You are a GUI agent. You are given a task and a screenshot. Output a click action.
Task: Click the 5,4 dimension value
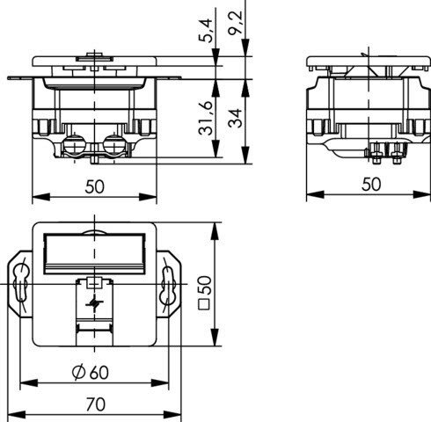pos(208,31)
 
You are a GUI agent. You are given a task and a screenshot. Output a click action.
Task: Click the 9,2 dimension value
pos(236,23)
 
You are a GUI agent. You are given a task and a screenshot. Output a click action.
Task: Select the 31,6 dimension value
pos(206,119)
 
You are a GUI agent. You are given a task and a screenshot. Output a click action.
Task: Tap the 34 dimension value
pos(236,118)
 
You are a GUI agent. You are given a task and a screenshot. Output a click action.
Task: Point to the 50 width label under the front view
pos(94,186)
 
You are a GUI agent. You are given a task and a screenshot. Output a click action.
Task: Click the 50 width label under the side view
pos(371,185)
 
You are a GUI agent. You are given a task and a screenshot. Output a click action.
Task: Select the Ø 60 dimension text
pos(91,373)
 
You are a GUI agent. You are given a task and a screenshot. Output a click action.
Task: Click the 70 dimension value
pos(96,404)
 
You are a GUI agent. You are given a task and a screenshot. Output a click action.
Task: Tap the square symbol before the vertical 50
pos(204,304)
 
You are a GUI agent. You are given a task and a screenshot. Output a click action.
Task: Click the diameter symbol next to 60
pos(78,373)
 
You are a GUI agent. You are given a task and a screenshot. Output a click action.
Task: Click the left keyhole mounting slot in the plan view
pos(21,283)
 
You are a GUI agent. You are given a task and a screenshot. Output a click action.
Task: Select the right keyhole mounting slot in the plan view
pos(167,283)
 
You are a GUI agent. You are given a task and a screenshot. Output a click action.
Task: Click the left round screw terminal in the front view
pos(74,144)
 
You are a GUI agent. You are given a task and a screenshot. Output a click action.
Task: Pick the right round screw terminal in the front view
pos(114,144)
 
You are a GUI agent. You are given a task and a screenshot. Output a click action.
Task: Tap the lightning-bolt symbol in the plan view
pos(94,303)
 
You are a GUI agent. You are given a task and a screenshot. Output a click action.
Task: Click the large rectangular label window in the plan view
pos(94,253)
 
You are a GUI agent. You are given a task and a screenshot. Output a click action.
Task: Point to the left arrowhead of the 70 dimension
pos(17,415)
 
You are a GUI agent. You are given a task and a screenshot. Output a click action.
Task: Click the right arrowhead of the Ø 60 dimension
pos(160,382)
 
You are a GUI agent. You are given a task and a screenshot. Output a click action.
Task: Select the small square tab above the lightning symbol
pos(94,283)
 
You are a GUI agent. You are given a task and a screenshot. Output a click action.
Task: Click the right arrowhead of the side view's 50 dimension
pos(421,194)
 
